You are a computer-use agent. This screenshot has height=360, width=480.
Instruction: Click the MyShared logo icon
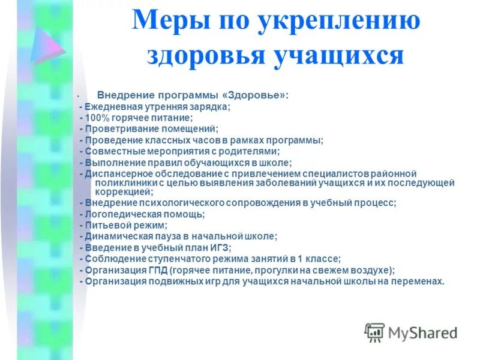375,332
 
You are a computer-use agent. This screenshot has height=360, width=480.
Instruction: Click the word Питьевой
102,225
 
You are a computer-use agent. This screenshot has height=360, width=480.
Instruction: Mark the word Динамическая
113,236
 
